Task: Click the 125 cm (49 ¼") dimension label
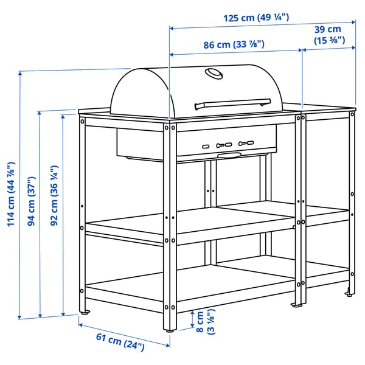coord(256,18)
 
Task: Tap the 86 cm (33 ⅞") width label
coord(234,44)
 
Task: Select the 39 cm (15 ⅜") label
coord(329,35)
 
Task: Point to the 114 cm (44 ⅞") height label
coord(11,194)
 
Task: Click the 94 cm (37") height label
coord(32,201)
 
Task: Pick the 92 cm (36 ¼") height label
coord(54,195)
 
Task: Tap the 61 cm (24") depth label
coord(120,342)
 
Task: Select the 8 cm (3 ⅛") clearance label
coord(206,322)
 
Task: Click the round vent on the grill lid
coord(214,74)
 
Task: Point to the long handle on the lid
coord(233,104)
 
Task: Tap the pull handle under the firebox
coord(229,155)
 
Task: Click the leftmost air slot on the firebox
coord(206,147)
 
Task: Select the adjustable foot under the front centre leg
coord(170,330)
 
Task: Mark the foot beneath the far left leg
coord(85,312)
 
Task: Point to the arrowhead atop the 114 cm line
coord(20,74)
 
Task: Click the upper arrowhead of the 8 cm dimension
coord(192,313)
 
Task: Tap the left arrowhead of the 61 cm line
coord(80,324)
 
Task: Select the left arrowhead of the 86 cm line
coord(172,55)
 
